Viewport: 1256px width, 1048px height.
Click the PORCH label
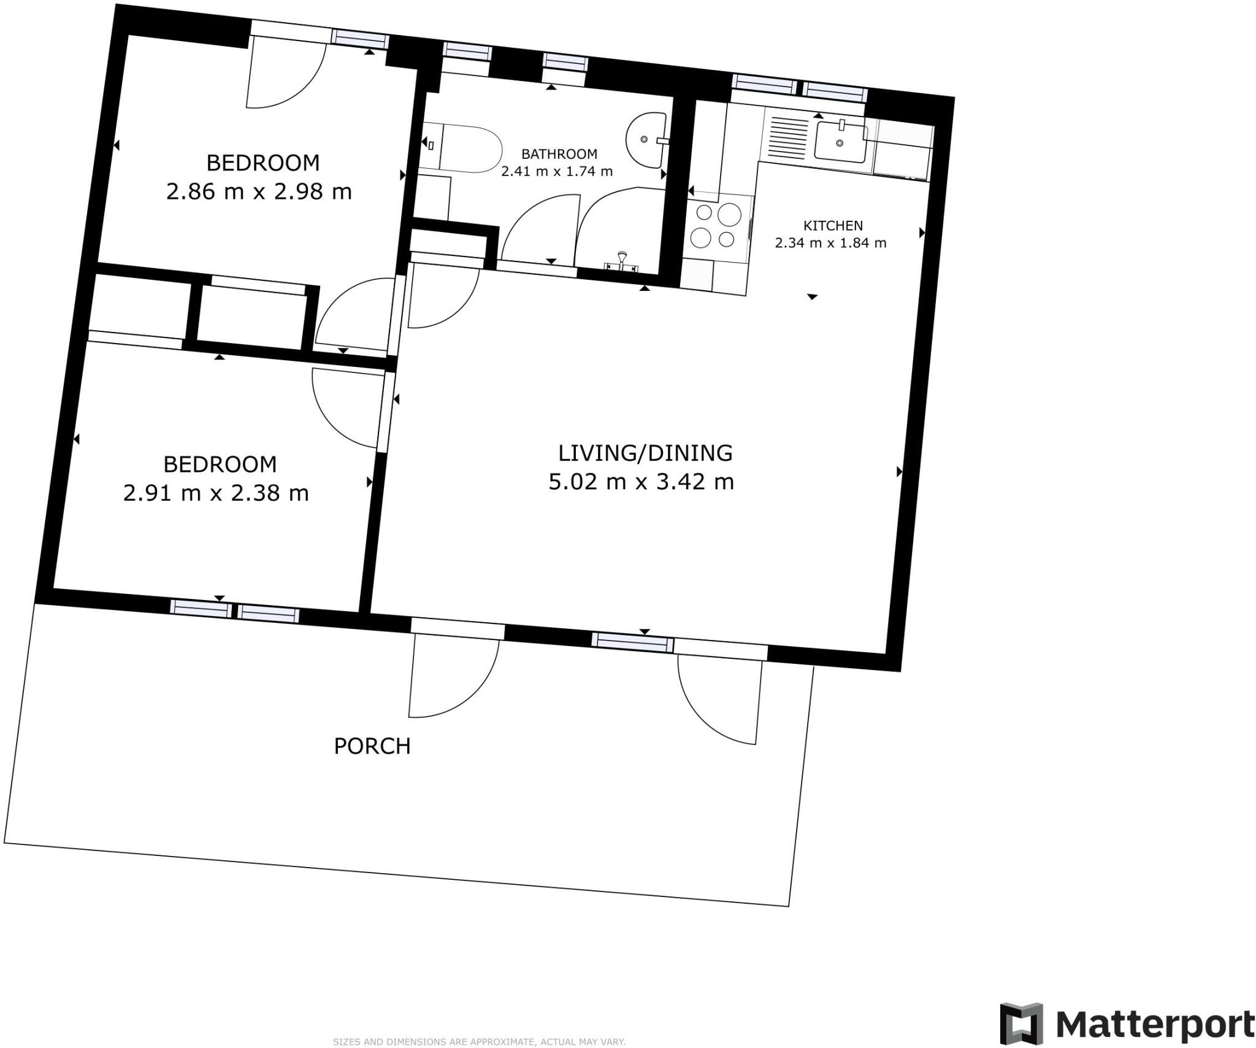tap(372, 746)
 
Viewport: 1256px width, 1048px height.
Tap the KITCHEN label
tap(832, 226)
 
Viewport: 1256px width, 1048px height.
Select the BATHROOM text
tap(559, 154)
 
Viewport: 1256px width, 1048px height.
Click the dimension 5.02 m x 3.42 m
tap(641, 482)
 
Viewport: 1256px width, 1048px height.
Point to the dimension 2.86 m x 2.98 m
tap(259, 192)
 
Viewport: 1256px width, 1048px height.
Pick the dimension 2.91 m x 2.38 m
tap(216, 493)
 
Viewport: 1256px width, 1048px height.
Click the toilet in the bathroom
tap(469, 149)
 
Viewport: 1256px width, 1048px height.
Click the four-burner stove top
tap(716, 226)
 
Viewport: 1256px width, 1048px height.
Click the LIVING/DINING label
tap(645, 453)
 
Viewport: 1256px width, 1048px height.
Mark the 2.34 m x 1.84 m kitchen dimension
tap(830, 243)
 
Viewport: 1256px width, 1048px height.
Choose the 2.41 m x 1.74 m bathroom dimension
tap(557, 172)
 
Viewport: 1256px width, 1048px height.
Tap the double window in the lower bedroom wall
tap(235, 612)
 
